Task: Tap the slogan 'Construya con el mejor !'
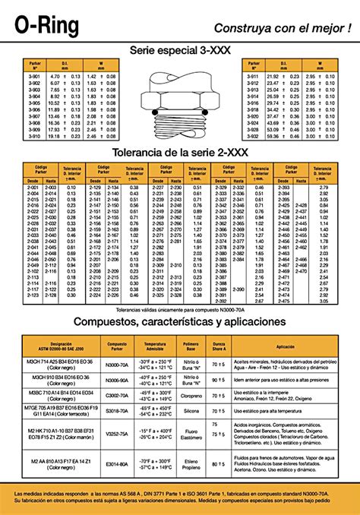[x=282, y=27]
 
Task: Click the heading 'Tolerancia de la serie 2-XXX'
[x=179, y=153]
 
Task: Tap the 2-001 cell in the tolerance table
[x=33, y=187]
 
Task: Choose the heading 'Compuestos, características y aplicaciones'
[x=179, y=321]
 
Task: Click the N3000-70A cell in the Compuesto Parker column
[x=118, y=364]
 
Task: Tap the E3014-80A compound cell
[x=118, y=463]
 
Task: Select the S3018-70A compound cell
[x=118, y=410]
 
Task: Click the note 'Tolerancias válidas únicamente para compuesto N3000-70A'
[x=179, y=310]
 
